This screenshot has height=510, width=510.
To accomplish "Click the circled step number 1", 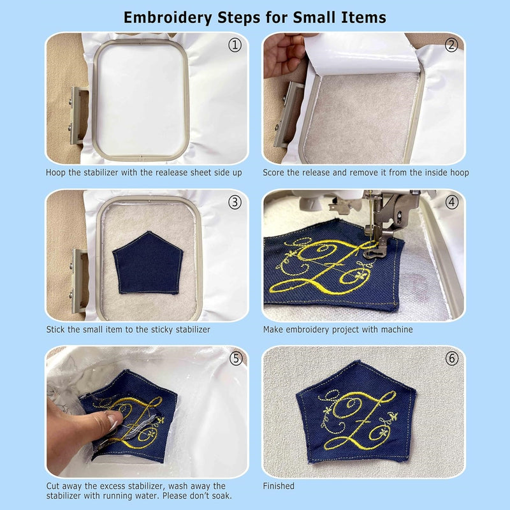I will pos(235,46).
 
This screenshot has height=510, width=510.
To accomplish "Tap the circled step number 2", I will pos(452,45).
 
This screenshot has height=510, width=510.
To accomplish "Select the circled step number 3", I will pos(235,202).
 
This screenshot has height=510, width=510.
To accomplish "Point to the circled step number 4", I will pos(452,202).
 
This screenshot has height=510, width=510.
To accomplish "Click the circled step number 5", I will pos(235,358).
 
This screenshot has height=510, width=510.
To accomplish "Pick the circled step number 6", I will pos(452,358).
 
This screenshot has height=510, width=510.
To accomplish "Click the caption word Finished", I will pos(279,486).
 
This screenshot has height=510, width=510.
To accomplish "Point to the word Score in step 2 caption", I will pos(275,173).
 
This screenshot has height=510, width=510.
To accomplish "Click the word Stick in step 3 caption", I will pos(57,330).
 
